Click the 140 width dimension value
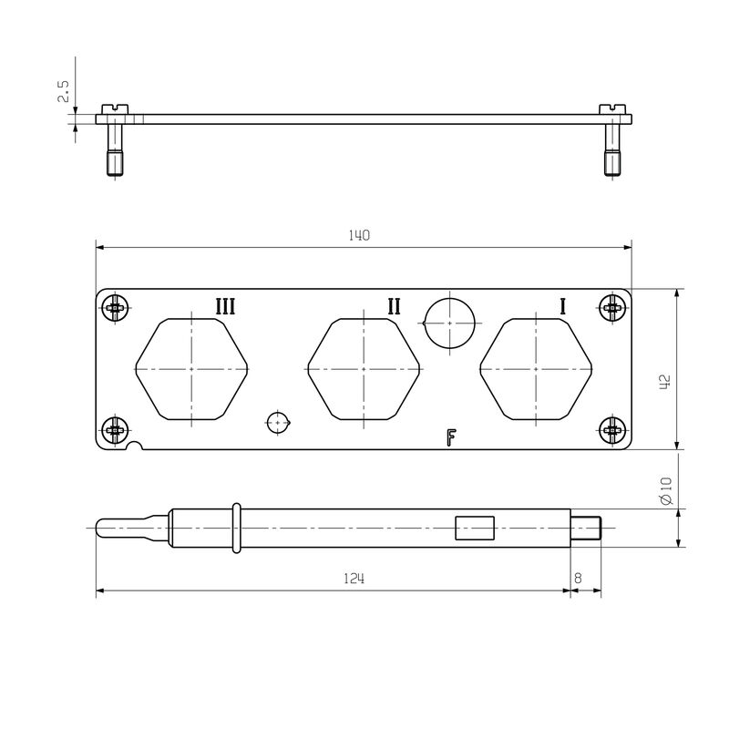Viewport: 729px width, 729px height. pos(359,235)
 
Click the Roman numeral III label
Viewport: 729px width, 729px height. pos(225,306)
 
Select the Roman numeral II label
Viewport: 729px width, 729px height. pos(394,306)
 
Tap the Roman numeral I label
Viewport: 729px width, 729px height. pos(562,306)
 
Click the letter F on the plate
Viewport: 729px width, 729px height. pos(450,438)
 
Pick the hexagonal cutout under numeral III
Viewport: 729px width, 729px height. pos(192,369)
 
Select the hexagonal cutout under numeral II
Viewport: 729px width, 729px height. pos(364,369)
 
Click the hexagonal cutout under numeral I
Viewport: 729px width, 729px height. pos(537,369)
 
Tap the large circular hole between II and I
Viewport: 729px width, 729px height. pos(450,323)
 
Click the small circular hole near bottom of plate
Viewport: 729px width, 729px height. pos(278,422)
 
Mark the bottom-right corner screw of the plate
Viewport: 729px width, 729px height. pos(613,429)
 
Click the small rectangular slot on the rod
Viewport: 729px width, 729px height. pos(475,529)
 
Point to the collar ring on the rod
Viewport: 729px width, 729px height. pos(237,528)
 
